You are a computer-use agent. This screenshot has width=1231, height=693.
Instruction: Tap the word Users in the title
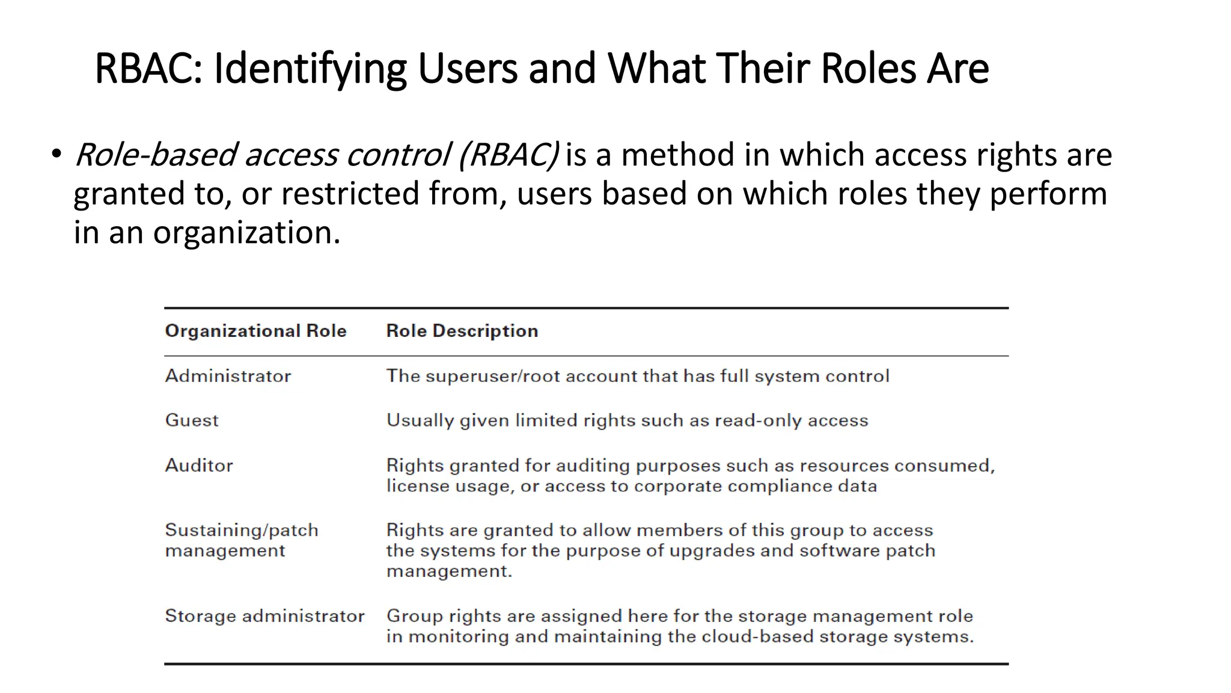pos(467,68)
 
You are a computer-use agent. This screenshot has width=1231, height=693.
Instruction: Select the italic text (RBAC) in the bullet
pos(509,155)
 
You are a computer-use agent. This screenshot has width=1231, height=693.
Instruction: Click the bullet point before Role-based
pos(56,153)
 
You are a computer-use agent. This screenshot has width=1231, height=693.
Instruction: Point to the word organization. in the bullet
pos(246,233)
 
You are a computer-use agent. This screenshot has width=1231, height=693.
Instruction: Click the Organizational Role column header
pos(255,331)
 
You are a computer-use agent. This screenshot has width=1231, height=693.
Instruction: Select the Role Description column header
pos(462,331)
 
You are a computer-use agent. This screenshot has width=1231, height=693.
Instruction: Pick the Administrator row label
pos(228,376)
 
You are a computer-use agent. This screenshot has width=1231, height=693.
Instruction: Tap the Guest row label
pos(192,420)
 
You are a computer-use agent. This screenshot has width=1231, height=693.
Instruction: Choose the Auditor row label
pos(199,465)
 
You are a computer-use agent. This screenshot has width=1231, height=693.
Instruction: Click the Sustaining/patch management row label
pos(241,540)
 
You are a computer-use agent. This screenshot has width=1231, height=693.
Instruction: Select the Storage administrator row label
pos(264,616)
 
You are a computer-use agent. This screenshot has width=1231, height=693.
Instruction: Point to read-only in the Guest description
pos(757,420)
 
